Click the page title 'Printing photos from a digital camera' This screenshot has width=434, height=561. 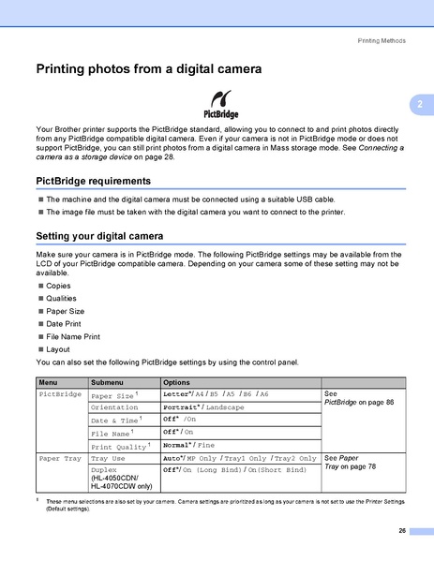pos(148,68)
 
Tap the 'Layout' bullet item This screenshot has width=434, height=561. pos(59,347)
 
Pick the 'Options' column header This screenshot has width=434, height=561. pos(177,383)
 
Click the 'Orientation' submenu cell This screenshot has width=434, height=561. pos(115,407)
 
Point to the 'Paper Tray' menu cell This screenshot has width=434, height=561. pos(60,459)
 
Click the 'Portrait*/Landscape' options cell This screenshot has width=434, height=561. pos(203,407)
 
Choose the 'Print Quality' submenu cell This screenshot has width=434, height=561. pos(118,447)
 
